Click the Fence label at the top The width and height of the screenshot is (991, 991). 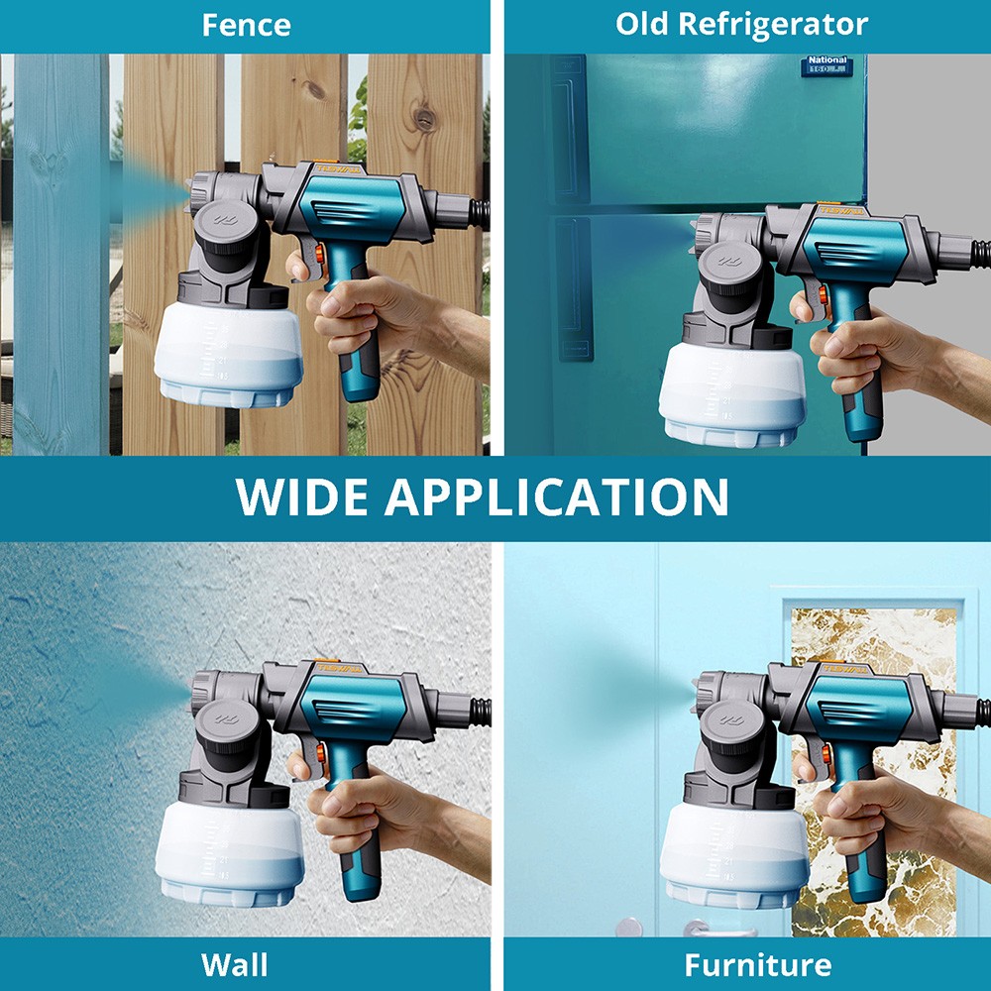[246, 25]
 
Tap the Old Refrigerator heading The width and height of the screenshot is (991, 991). [741, 25]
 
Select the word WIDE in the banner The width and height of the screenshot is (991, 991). [303, 496]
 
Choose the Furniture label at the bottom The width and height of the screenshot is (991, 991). [758, 964]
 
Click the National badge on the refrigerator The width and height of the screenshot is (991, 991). [826, 66]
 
